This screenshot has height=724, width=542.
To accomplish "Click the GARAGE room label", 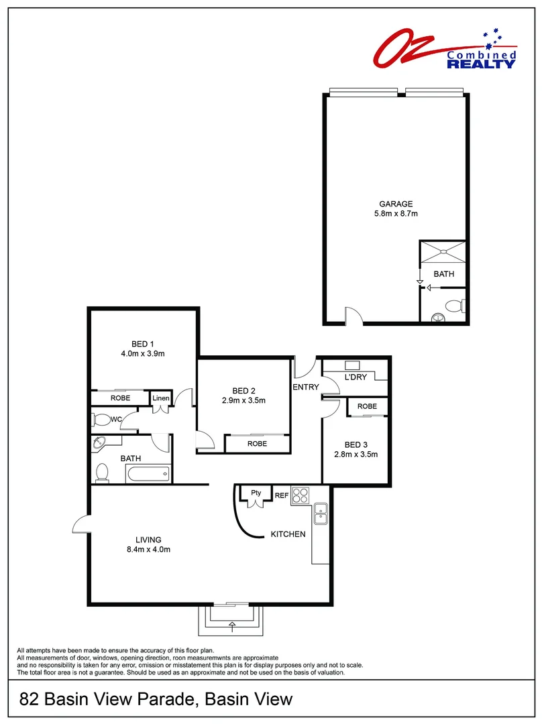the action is coord(396,204).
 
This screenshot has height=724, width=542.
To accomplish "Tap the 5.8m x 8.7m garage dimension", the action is coord(396,213).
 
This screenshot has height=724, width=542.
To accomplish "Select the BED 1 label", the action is coord(142,344).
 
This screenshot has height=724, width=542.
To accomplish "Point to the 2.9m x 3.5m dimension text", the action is coord(243,400).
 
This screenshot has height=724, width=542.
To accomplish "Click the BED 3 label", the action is coord(356,444).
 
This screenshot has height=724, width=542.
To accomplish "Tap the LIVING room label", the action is coord(148,540).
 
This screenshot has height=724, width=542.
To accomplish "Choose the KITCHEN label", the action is coord(288,534).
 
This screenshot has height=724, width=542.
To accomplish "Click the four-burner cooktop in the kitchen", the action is coord(300,495).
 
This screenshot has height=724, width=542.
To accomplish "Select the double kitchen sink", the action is coord(321,514).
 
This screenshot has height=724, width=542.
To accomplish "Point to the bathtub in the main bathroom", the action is coord(148,473).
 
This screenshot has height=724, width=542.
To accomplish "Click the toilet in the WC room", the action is coord(101,420).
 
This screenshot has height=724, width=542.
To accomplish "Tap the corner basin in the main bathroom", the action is coord(99,444).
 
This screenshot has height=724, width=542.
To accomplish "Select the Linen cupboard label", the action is coord(161,398).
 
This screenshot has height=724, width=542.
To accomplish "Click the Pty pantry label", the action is coord(256,493).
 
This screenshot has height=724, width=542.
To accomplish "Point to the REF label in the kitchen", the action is coord(281,495).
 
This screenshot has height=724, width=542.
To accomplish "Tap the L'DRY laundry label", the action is coord(356,377).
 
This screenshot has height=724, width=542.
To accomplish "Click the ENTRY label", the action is coord(306,387).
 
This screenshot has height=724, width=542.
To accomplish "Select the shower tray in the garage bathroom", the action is coord(443,252).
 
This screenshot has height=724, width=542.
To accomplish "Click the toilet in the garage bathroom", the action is coord(454,306).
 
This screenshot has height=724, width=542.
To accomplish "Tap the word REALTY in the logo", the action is coord(481,63).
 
